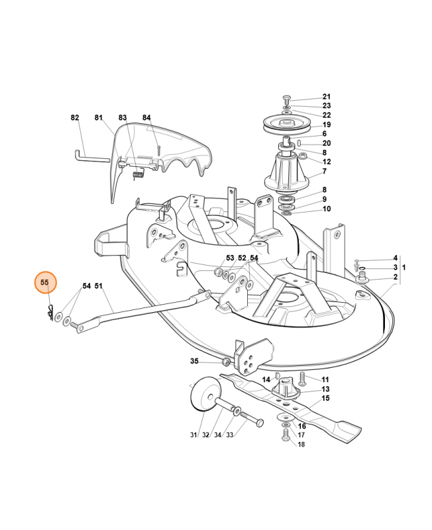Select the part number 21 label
[x=327, y=96]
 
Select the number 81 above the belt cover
[x=99, y=118]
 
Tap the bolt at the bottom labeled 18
[x=286, y=435]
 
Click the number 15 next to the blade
[x=325, y=398]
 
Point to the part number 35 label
[x=194, y=361]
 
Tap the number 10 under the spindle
[x=327, y=209]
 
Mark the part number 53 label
[x=230, y=258]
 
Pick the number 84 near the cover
[x=146, y=118]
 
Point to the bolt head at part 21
[x=287, y=98]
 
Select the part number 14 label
[x=266, y=380]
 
